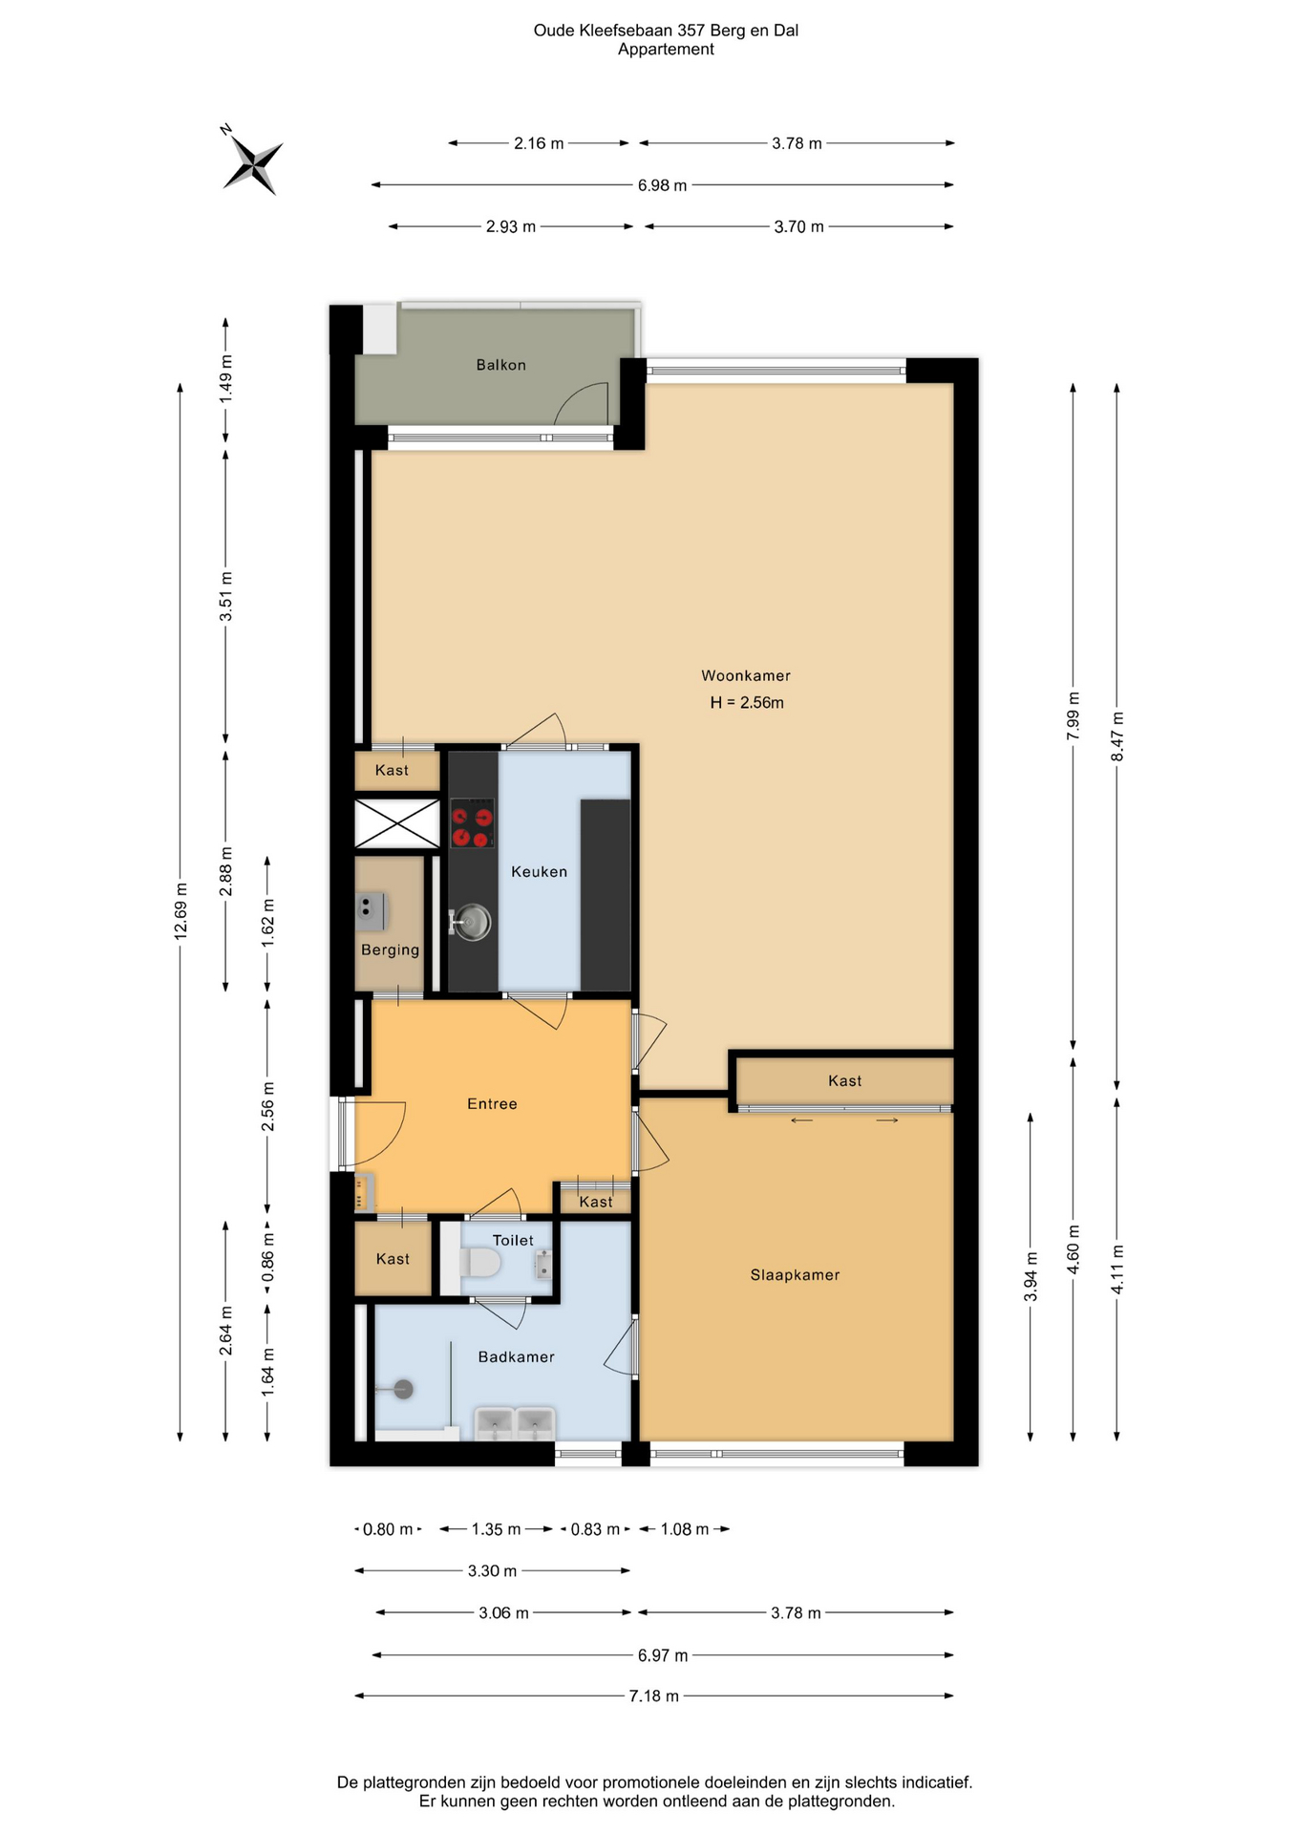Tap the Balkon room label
pyautogui.click(x=501, y=365)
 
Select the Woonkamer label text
pyautogui.click(x=746, y=675)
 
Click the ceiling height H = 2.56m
pyautogui.click(x=747, y=703)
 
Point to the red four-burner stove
pyautogui.click(x=473, y=823)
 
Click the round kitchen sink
pyautogui.click(x=470, y=923)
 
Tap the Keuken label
pyautogui.click(x=540, y=871)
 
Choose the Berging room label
pyautogui.click(x=390, y=949)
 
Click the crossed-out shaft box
pyautogui.click(x=397, y=823)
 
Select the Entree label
pyautogui.click(x=492, y=1103)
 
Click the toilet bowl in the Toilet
pyautogui.click(x=480, y=1264)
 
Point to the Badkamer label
pyautogui.click(x=517, y=1356)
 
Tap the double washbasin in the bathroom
pyautogui.click(x=516, y=1423)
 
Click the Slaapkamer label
pyautogui.click(x=796, y=1274)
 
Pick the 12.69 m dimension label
pyautogui.click(x=181, y=911)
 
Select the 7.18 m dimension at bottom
pyautogui.click(x=654, y=1695)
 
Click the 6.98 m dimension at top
pyautogui.click(x=663, y=185)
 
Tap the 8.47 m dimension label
pyautogui.click(x=1116, y=736)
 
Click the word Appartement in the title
pyautogui.click(x=666, y=50)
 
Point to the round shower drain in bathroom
pyautogui.click(x=404, y=1390)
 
